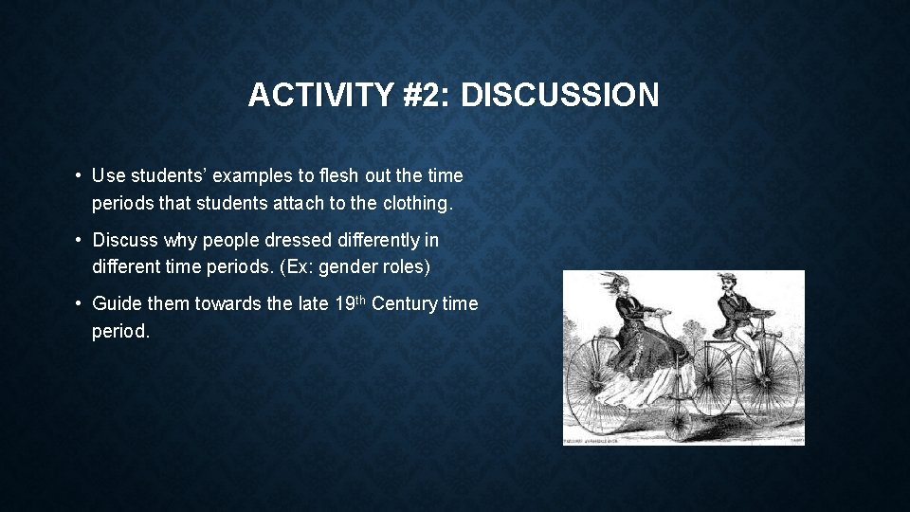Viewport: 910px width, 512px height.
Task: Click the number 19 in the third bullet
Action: (x=345, y=303)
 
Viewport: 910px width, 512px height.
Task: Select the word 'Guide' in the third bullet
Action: (x=115, y=303)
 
